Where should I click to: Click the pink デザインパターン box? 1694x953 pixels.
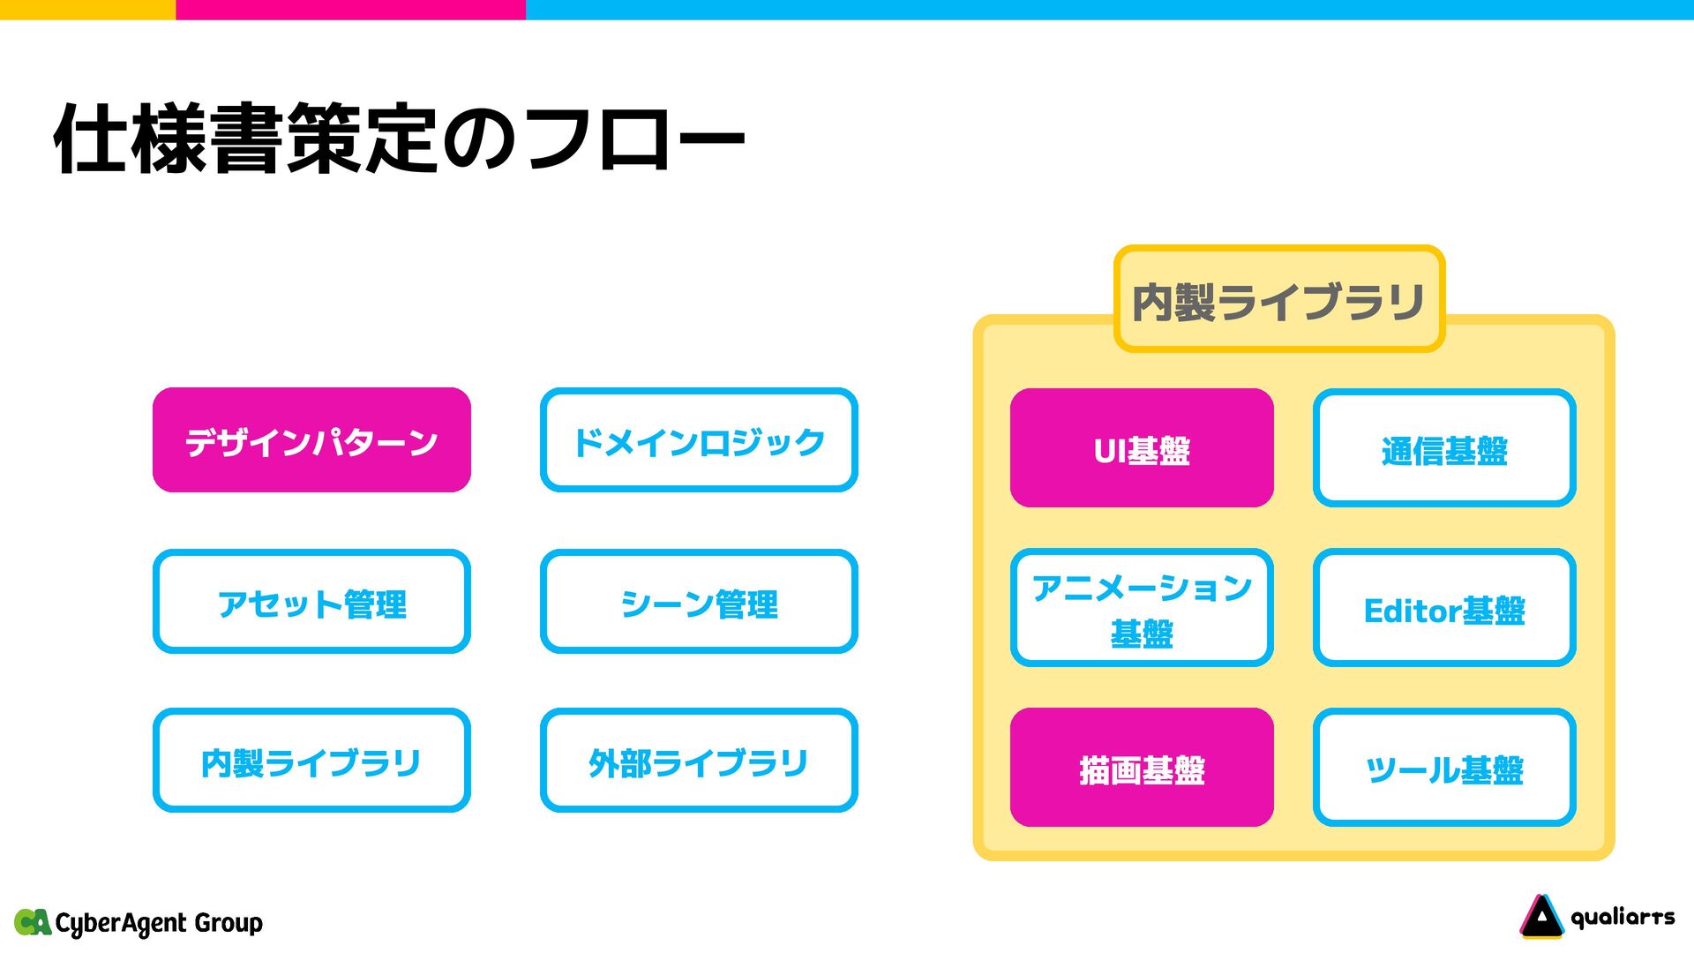(311, 439)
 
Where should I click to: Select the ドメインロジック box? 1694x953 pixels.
(699, 439)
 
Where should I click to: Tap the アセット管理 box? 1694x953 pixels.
(311, 602)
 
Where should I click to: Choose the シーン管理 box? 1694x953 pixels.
(699, 602)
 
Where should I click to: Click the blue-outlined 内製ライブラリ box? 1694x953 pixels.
(311, 761)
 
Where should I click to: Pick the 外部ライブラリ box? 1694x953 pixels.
(699, 761)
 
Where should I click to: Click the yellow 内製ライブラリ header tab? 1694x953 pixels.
(1278, 299)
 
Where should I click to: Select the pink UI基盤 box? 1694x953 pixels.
(1142, 448)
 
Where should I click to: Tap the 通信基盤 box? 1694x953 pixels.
(1444, 448)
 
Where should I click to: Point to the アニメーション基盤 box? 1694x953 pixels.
(1142, 608)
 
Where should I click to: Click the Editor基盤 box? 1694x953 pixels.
(1444, 608)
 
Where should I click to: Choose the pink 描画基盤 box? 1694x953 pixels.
(1142, 768)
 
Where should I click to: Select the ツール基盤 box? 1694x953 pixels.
(1444, 768)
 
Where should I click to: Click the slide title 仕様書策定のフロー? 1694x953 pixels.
(400, 139)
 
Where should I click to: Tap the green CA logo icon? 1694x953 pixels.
(33, 922)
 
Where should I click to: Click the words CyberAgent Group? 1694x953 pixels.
(159, 923)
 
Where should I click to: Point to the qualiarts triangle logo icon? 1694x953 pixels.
(1540, 916)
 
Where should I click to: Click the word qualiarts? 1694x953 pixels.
(1623, 918)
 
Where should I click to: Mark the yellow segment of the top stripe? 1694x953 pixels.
(87, 9)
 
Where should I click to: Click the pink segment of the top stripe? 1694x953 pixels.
(350, 9)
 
